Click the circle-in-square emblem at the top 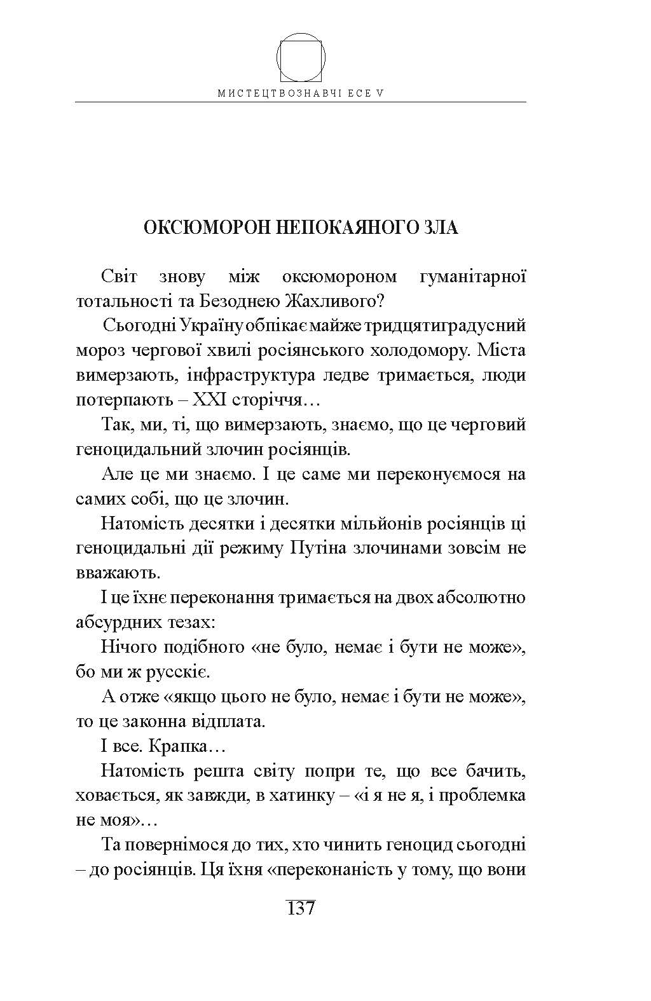pos(300,58)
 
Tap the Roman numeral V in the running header pos(380,92)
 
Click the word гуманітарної pos(473,277)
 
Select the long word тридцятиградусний pos(454,326)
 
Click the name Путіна pos(319,548)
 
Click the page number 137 pos(301,909)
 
